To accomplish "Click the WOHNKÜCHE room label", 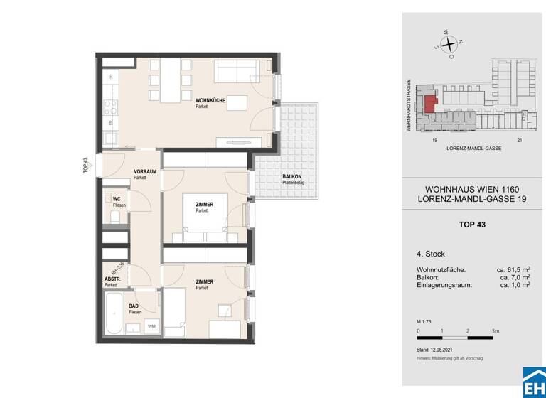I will click(211, 102).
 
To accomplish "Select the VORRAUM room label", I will click(146, 171).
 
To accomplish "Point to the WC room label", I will click(116, 199).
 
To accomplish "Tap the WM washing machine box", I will click(152, 326).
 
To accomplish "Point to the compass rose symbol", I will click(449, 44).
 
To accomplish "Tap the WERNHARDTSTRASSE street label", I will click(409, 107).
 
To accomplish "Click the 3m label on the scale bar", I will click(495, 331).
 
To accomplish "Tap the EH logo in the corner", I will click(534, 384).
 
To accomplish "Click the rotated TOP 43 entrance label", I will click(85, 166).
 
